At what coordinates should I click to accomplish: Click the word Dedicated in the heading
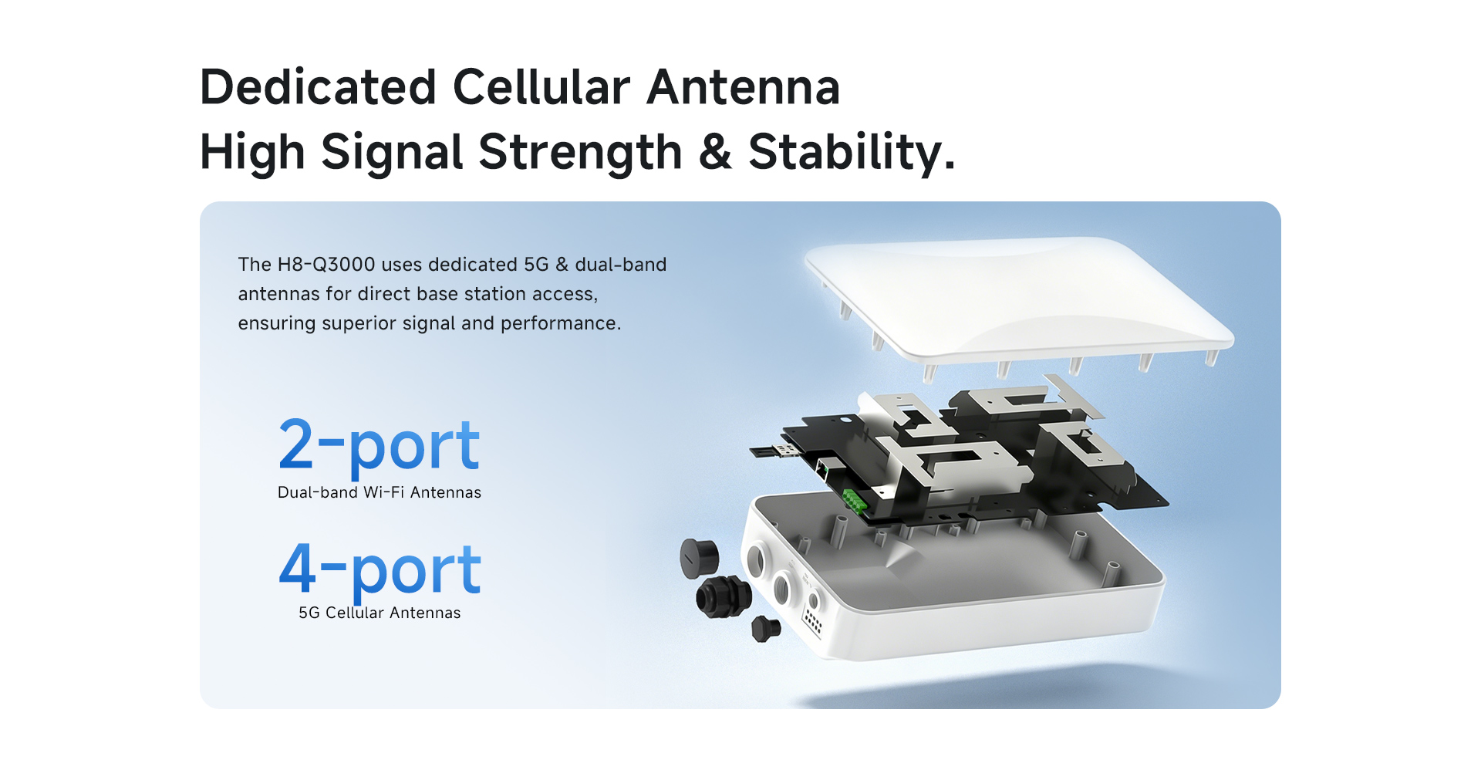(x=318, y=86)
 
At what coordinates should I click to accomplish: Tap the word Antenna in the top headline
(x=744, y=86)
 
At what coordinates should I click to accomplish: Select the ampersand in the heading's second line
(x=715, y=151)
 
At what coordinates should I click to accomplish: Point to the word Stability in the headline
(x=852, y=151)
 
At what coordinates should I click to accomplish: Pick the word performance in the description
(x=561, y=323)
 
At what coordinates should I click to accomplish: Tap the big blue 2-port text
(x=379, y=445)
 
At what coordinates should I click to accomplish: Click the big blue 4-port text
(x=380, y=570)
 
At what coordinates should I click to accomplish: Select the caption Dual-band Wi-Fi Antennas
(x=380, y=492)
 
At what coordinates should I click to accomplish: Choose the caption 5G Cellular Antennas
(x=380, y=613)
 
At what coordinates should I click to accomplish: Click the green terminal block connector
(x=855, y=502)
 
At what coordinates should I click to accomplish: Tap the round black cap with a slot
(x=699, y=559)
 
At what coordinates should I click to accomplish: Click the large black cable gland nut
(x=724, y=596)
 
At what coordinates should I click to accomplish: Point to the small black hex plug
(x=766, y=629)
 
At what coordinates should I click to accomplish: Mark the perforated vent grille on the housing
(x=813, y=620)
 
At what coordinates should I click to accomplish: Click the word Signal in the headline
(x=391, y=151)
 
